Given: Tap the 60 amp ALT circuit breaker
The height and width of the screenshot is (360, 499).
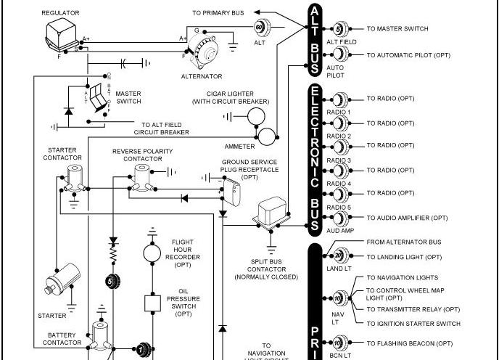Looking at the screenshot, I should point(261,27).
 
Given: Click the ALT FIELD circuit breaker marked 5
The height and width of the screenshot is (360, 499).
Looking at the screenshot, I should point(339,30).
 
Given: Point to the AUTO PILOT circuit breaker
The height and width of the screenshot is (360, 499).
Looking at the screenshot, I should point(339,54).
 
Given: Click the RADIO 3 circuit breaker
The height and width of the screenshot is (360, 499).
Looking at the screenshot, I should point(339,147).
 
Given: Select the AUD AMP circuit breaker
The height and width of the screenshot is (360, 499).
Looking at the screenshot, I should point(339,218).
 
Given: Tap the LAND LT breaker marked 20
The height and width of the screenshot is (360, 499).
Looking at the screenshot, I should point(339,255).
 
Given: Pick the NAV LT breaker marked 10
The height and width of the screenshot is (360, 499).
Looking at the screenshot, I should point(339,298).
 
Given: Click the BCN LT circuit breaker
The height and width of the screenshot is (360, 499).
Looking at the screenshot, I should point(339,343).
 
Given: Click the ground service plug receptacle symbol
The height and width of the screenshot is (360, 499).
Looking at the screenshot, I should point(234,191).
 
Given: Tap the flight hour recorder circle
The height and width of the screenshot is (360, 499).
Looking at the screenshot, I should point(152,252).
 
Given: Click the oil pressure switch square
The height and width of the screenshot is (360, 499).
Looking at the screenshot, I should point(152,301).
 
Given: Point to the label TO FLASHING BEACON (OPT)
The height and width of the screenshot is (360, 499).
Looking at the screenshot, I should point(410,343).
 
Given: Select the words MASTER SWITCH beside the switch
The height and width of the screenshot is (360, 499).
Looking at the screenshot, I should point(128,97).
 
